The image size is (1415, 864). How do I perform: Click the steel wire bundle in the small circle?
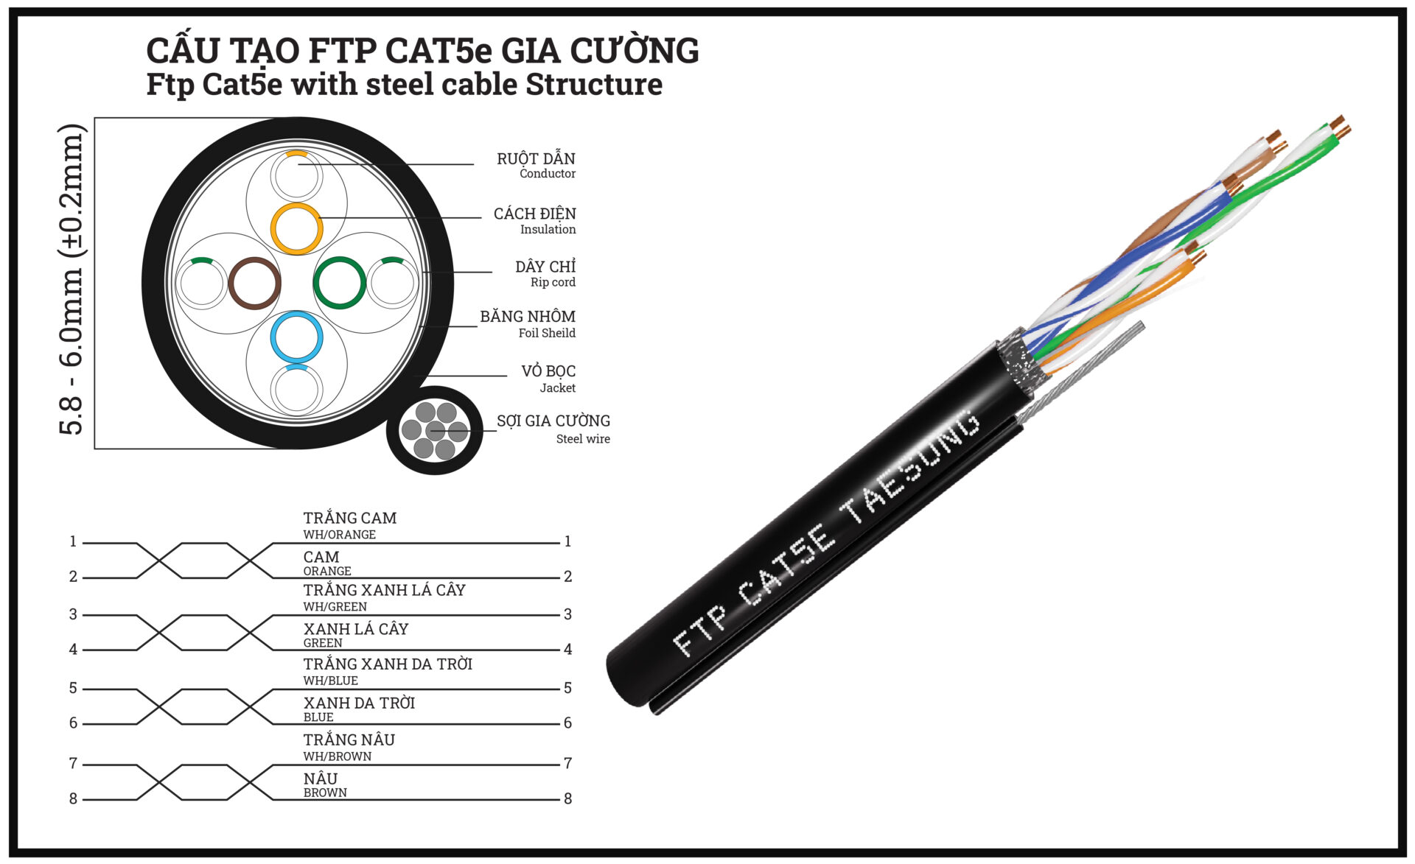[x=435, y=430]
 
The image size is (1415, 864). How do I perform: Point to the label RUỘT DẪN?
[x=536, y=158]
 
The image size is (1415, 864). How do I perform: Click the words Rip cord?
[x=553, y=282]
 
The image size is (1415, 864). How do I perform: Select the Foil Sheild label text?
[x=547, y=333]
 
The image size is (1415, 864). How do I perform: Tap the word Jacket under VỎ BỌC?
[x=557, y=388]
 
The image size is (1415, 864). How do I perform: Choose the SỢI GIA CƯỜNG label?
[x=553, y=421]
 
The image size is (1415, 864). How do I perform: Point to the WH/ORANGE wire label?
[x=339, y=535]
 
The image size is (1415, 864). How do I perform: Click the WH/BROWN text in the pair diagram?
[x=337, y=756]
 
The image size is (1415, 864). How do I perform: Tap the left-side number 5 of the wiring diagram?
[x=73, y=688]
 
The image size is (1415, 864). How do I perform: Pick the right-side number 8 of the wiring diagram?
[x=567, y=798]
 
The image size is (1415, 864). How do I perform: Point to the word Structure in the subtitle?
[x=593, y=84]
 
